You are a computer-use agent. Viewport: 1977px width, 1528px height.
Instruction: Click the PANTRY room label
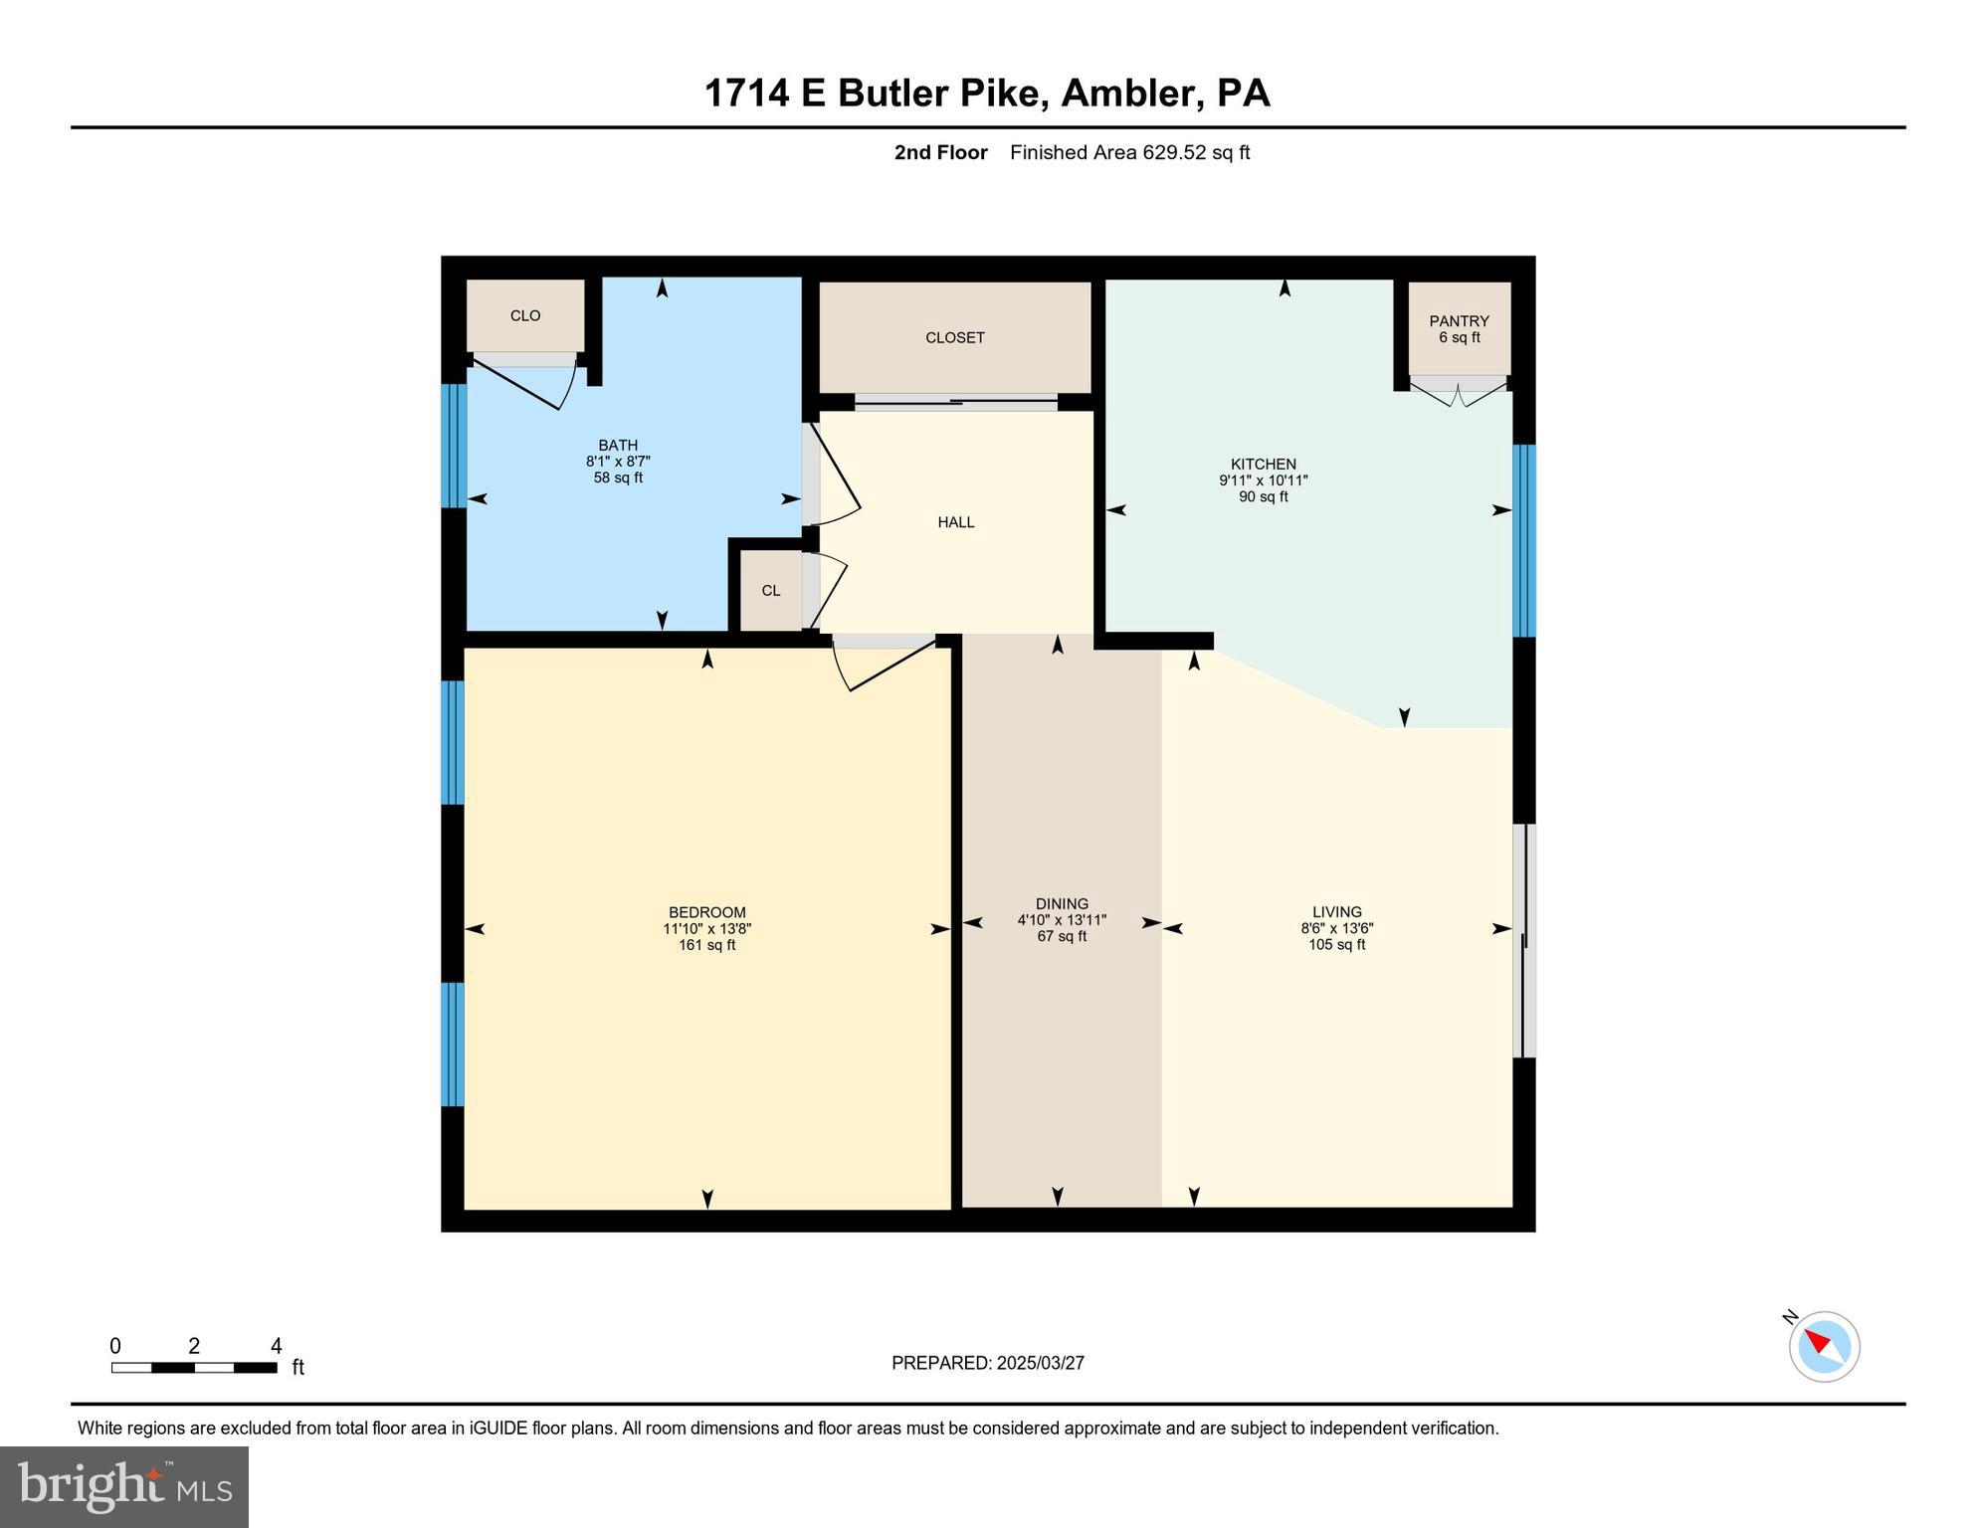[1459, 321]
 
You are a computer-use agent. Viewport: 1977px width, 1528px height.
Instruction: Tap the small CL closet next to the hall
[770, 591]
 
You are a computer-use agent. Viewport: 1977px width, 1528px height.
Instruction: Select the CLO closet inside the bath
[525, 316]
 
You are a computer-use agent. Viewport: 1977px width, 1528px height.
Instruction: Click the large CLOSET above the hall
[954, 338]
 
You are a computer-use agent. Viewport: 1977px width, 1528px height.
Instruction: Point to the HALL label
[955, 522]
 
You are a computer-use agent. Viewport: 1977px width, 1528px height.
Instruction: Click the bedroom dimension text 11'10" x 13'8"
[706, 929]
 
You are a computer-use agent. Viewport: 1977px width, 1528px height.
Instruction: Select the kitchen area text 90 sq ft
[1263, 497]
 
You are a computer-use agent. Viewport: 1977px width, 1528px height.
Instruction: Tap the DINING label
[1061, 904]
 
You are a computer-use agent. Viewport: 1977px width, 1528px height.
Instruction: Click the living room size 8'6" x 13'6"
[1336, 928]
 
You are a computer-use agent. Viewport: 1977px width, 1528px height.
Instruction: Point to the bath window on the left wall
[453, 446]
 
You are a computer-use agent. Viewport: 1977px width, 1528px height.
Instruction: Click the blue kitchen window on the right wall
[1523, 540]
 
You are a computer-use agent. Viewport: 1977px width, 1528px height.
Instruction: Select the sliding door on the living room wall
[1523, 940]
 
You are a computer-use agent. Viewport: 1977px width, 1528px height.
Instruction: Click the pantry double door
[1458, 392]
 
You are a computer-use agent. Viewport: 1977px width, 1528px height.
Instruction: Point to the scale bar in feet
[194, 1368]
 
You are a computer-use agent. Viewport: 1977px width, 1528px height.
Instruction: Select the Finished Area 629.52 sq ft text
[1129, 153]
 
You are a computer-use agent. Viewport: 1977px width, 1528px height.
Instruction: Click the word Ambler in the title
[1126, 94]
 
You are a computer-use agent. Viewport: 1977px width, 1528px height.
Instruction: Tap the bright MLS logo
[124, 1486]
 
